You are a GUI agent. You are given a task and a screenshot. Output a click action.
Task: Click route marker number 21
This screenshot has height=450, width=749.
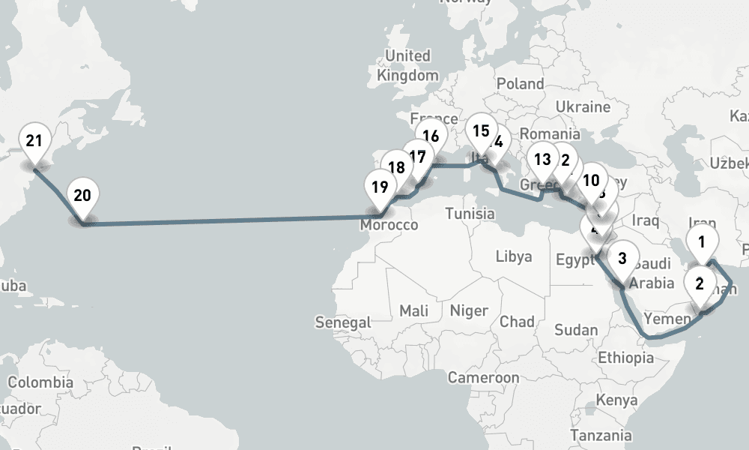34,142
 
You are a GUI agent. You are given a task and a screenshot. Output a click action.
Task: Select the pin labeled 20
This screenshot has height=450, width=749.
82,196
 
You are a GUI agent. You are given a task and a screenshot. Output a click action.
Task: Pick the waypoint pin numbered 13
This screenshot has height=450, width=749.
543,160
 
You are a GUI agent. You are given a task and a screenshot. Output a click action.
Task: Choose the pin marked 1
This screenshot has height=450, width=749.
702,242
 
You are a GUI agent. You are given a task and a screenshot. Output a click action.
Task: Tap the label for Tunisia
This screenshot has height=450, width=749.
470,214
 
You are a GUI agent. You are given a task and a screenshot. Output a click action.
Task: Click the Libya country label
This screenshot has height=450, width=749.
514,256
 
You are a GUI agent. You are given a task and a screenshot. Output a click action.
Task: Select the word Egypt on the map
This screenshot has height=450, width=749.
574,260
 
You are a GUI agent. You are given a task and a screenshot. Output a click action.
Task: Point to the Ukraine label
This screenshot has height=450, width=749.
583,107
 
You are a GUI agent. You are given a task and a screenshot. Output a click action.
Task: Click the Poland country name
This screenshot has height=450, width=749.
520,83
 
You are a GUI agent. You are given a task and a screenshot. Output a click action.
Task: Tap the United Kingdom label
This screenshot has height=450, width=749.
407,65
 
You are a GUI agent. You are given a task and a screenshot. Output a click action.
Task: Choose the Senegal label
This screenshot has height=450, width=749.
343,322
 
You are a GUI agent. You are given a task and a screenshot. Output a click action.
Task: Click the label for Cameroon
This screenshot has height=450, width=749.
484,377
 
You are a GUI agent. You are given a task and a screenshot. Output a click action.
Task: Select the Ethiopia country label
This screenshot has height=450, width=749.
625,358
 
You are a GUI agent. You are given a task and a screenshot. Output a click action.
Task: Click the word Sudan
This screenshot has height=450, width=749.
576,330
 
